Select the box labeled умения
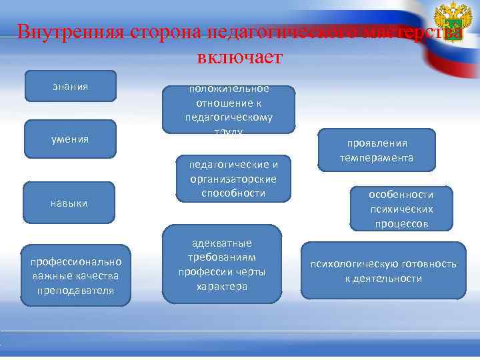(70, 139)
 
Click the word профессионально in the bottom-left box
(76, 262)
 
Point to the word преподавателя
(76, 290)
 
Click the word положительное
(229, 89)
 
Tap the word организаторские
(229, 179)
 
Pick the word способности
(229, 193)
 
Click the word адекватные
(222, 243)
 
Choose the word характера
(222, 286)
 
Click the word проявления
(377, 143)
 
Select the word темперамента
(377, 158)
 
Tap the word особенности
(401, 195)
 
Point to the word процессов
(401, 223)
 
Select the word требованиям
(222, 257)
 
